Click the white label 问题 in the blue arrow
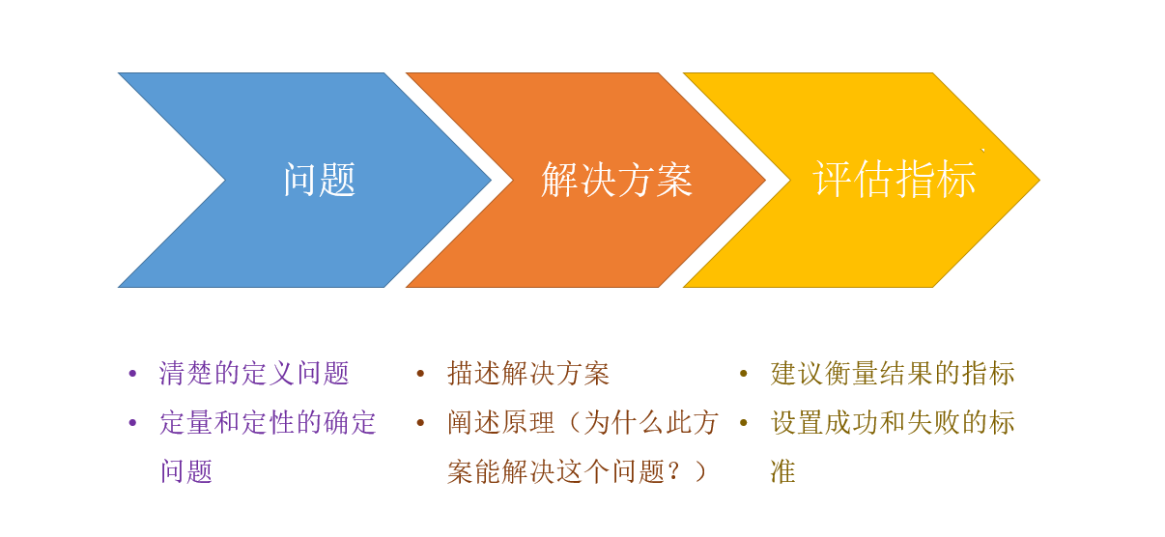[320, 180]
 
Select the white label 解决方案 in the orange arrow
[617, 180]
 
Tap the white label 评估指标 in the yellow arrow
[895, 179]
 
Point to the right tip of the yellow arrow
[1039, 181]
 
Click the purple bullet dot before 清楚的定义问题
[132, 373]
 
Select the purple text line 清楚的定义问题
[254, 373]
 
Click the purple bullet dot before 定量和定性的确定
[132, 423]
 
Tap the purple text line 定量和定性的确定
[268, 422]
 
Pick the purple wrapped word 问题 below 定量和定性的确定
[186, 471]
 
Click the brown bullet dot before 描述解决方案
[420, 373]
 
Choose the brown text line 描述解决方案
[527, 373]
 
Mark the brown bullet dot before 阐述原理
[420, 423]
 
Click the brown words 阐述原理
[500, 422]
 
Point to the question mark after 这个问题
[673, 471]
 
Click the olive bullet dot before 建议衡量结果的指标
[744, 373]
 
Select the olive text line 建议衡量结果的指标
[893, 373]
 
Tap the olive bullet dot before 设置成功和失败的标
[744, 423]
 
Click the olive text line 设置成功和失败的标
[893, 422]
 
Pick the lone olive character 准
[782, 471]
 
